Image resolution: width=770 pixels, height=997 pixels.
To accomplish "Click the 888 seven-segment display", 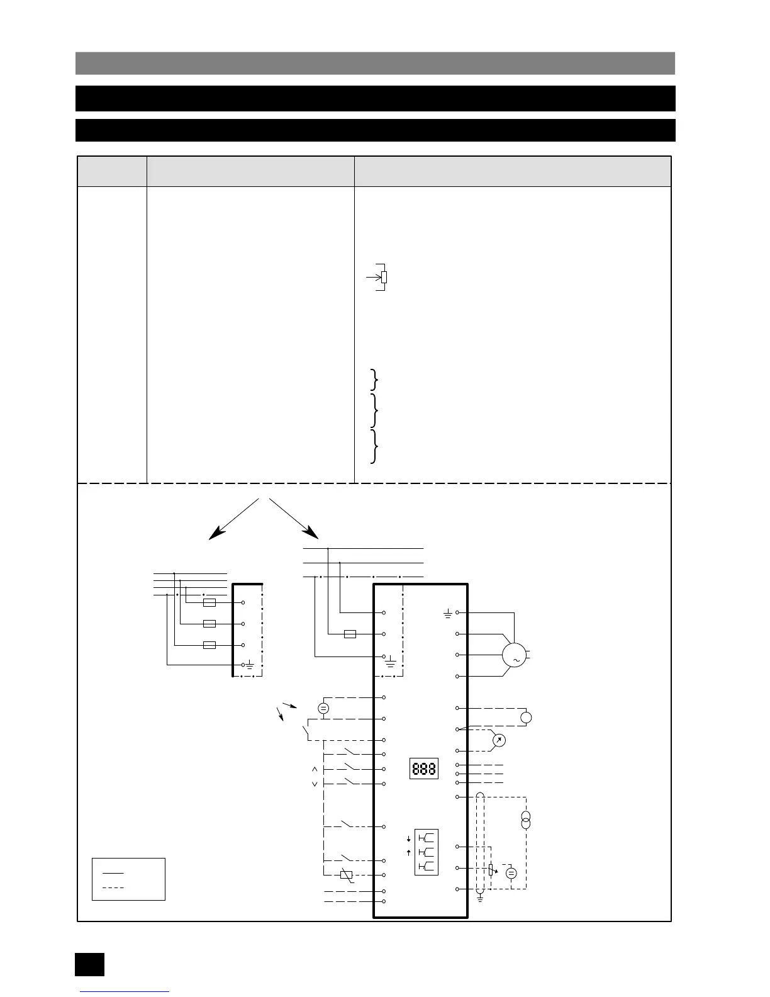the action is pos(424,769).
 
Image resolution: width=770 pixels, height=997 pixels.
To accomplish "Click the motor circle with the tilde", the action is pos(514,656).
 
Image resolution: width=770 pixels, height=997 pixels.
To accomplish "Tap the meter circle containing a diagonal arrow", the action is pos(498,740).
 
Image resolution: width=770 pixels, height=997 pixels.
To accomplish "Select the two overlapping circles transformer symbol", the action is pos(526,820).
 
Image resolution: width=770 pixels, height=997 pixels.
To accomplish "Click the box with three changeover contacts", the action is pos(426,852).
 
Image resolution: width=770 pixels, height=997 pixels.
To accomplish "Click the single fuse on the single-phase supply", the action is pos(350,634).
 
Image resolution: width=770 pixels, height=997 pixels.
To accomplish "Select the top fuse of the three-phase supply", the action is pos(209,602).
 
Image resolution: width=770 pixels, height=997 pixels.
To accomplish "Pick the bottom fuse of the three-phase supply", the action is pos(209,645).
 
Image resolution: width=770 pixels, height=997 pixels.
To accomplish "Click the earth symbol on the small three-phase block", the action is pos(250,665).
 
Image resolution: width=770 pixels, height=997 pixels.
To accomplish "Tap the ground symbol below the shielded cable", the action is pos(480,898).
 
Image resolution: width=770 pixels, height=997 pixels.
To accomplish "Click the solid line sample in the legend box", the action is pos(113,873).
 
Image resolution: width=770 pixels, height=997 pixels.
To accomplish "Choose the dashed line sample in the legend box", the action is pos(113,887).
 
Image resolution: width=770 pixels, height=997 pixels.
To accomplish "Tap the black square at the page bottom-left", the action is pos(89,964).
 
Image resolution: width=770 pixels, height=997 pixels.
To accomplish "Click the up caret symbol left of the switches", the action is pos(315,770).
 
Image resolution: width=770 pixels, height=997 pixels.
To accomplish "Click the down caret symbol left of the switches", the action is pos(315,784).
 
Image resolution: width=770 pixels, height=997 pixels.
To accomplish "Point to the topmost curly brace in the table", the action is pos(375,380).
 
